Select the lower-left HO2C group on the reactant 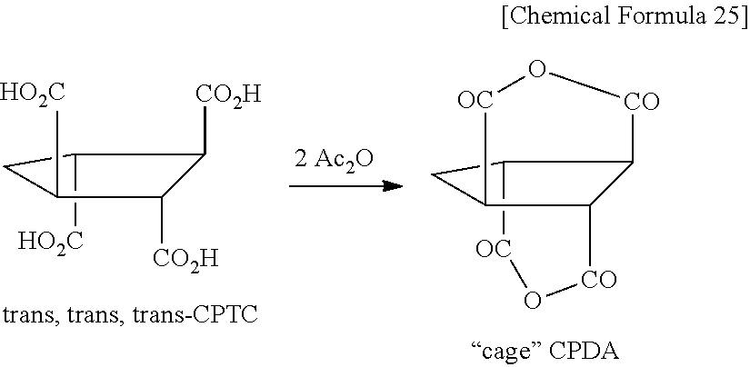coord(51,241)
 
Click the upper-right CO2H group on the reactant coord(227,94)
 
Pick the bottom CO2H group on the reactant coord(185,260)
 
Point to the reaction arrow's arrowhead coord(393,186)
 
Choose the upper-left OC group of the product coord(475,101)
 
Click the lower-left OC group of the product coord(491,245)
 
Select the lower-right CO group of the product coord(600,278)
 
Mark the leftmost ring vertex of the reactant coord(5,166)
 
